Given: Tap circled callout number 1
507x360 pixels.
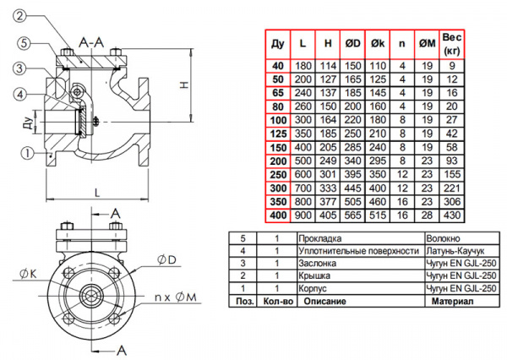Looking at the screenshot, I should coord(28,154).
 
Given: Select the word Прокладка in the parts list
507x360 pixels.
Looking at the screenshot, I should coord(319,239).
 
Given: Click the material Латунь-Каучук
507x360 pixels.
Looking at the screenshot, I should coord(457,251).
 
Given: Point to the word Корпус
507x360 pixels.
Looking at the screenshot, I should coord(313,288).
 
